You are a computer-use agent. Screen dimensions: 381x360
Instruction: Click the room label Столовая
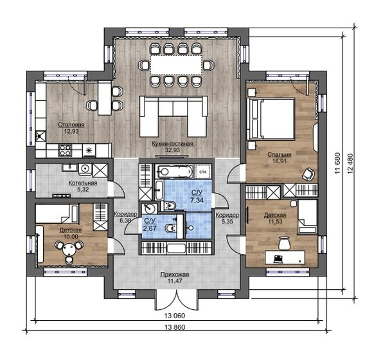71,125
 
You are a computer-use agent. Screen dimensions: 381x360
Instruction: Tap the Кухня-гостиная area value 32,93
173,150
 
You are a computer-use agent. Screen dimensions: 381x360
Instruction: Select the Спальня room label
279,154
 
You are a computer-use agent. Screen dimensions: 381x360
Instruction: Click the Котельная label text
83,183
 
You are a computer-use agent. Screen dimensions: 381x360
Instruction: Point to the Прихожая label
175,274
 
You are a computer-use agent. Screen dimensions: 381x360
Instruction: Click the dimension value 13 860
175,327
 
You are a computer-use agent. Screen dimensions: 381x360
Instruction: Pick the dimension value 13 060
175,316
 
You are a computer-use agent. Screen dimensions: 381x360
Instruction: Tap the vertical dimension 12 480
350,163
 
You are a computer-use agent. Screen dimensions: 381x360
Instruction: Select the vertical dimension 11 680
338,163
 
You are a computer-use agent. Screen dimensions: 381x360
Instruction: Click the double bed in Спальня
270,119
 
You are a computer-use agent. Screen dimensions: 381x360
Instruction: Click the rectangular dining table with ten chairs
176,65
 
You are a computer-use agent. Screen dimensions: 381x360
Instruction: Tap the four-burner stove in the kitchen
66,150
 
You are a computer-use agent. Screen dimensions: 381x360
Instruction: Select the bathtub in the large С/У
174,172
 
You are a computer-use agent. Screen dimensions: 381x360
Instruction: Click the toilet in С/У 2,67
170,228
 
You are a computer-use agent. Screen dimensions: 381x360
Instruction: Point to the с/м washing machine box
203,172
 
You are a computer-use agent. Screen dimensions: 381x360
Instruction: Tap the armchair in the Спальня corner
308,174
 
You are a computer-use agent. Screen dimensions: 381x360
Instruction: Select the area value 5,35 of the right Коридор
227,221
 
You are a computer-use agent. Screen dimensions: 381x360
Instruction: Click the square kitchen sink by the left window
40,136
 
